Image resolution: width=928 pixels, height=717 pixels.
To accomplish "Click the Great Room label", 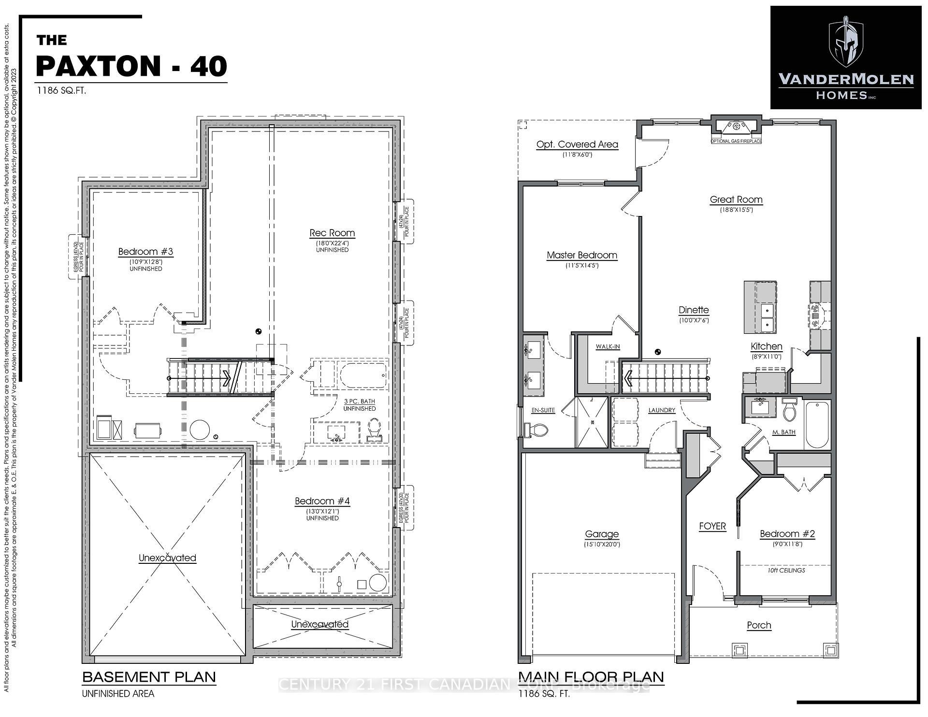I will tap(736, 199).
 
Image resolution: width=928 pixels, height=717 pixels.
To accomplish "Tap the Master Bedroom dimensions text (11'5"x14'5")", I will tap(582, 265).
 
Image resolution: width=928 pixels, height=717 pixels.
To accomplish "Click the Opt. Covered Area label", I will tap(577, 144).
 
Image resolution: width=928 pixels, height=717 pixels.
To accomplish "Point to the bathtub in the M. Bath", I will tap(817, 425).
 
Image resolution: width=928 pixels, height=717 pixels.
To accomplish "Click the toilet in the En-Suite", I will tap(537, 429).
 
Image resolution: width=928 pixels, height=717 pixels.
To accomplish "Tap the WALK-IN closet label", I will tap(608, 346).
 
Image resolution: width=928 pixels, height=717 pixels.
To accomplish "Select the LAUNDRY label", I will tap(662, 410).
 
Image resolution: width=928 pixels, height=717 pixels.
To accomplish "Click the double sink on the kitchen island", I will tap(767, 317).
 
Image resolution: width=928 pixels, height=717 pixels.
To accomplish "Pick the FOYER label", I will tap(712, 526).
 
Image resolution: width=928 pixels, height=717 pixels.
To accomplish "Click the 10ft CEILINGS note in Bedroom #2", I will tap(786, 570).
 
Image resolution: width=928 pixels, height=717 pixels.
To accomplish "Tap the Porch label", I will tap(759, 625).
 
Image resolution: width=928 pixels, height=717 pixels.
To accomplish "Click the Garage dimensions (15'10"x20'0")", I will tap(602, 544).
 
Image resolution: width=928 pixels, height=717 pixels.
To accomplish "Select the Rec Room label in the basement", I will tap(332, 233).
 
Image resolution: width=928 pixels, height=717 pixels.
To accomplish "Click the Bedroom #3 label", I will tap(145, 251).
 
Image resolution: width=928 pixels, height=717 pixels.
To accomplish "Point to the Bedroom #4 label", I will tap(322, 501).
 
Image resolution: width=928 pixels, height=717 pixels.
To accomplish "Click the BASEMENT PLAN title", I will tap(149, 677).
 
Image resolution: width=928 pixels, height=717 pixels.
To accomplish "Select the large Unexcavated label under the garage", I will tap(167, 558).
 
